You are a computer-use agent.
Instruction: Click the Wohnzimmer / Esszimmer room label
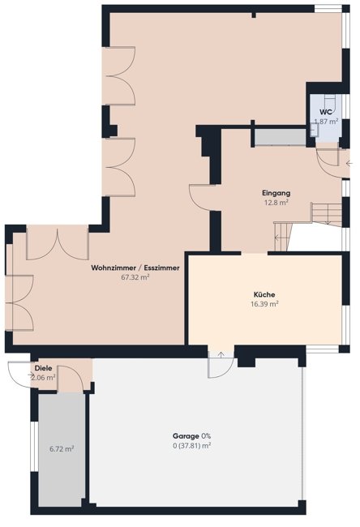(x=135, y=268)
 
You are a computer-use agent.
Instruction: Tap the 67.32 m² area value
(x=135, y=277)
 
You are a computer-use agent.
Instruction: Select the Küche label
(x=264, y=294)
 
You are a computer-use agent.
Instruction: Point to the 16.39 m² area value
(x=264, y=304)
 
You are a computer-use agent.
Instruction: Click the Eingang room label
(x=276, y=193)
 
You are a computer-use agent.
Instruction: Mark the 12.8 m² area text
(x=276, y=203)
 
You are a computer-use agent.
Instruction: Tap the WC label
(x=326, y=112)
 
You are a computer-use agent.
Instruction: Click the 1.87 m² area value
(x=326, y=122)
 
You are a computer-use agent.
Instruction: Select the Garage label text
(x=186, y=436)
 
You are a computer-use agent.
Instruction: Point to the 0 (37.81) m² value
(x=191, y=446)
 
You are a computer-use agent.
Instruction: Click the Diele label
(x=43, y=368)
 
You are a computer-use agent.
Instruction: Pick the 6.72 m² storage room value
(x=62, y=448)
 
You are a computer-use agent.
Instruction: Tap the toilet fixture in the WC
(x=329, y=101)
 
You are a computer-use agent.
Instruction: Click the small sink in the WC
(x=315, y=130)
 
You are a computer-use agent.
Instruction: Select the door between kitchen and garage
(x=221, y=364)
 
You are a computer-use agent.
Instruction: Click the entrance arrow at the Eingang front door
(x=349, y=164)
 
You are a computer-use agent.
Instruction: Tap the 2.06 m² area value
(x=43, y=378)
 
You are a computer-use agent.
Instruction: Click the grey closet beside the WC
(x=281, y=137)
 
